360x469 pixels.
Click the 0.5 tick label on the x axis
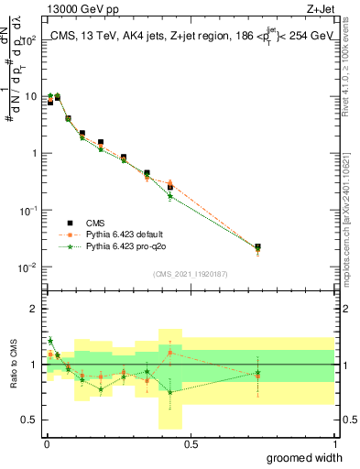click(x=190, y=443)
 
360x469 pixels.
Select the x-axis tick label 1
click(x=333, y=443)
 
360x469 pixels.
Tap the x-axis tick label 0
click(x=46, y=443)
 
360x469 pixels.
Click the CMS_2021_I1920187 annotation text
click(x=190, y=274)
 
